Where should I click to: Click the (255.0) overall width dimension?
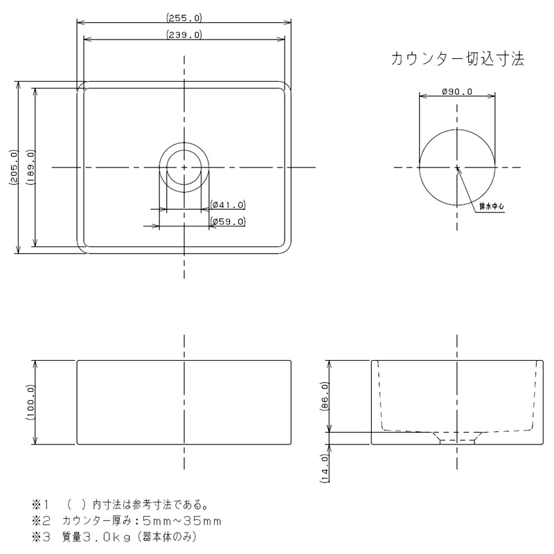[x=184, y=18]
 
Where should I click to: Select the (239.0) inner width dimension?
[x=184, y=34]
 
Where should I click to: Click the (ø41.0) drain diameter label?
[x=228, y=204]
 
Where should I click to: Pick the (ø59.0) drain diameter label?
[x=228, y=222]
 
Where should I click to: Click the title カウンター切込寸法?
[x=458, y=60]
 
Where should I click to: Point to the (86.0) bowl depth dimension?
[x=325, y=397]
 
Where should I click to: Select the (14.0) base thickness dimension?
[x=325, y=465]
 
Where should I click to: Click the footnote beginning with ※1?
[x=125, y=504]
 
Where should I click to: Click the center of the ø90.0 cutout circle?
[x=456, y=168]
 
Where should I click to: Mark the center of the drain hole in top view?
[x=184, y=168]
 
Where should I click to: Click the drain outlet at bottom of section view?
[x=457, y=440]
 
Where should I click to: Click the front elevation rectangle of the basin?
[x=184, y=402]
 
